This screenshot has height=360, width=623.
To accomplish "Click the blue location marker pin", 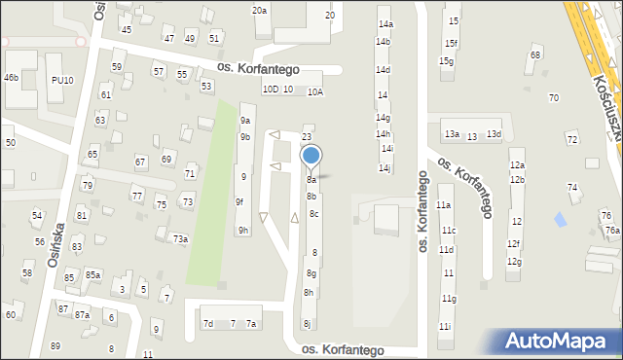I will coord(311,157).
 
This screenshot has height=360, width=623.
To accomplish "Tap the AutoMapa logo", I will coord(560,342).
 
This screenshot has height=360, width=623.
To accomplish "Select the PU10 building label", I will coord(62,80).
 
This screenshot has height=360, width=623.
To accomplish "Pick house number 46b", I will coord(11,77).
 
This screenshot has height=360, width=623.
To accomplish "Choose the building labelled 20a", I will coord(260,10).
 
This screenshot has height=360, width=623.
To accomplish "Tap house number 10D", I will coord(270,90).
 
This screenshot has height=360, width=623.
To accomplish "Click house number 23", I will coord(307,137).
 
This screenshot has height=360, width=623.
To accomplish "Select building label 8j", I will coord(307,324).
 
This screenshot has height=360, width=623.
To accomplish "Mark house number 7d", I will coord(207,323).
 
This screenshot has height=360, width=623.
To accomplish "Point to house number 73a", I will coord(180,238).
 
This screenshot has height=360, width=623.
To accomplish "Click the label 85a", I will coord(92,274).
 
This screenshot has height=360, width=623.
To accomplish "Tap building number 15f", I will coord(450,43).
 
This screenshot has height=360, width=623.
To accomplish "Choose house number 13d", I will coord(494,133).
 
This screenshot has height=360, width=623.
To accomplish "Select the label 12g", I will coord(514,262).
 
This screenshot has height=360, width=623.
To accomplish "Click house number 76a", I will coord(612,231).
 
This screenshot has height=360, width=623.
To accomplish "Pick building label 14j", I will coord(385,168).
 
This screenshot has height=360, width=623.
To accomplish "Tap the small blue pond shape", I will coord(559,221).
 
